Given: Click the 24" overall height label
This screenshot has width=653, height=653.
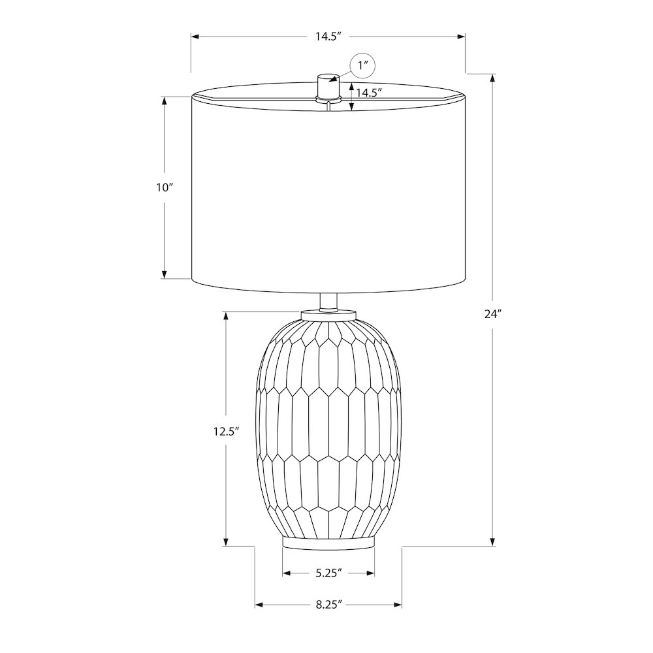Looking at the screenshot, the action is click(x=492, y=314).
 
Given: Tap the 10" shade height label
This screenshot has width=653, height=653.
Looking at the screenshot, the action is click(x=165, y=187).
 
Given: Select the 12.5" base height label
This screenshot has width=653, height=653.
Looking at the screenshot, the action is click(x=226, y=432).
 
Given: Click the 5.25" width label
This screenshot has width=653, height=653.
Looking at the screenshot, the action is click(x=328, y=573).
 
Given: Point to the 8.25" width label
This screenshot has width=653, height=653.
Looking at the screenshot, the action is click(x=328, y=604).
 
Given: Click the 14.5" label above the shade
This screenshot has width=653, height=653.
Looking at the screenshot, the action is click(x=328, y=37).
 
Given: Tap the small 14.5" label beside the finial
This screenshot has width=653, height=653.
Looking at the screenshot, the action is click(x=369, y=93).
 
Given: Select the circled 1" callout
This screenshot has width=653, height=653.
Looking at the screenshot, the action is click(x=363, y=66).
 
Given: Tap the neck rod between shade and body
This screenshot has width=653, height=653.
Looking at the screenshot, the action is click(x=328, y=302).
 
